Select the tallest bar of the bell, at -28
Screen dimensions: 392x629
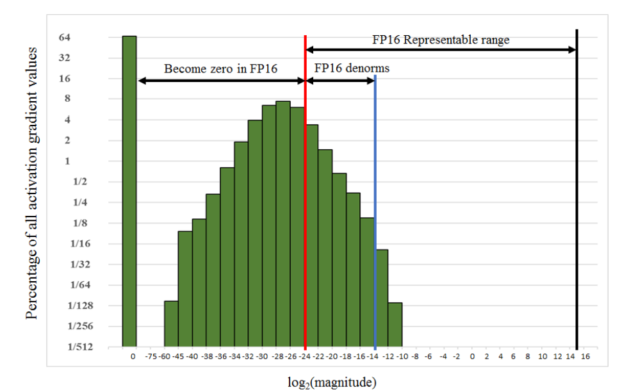(x=283, y=224)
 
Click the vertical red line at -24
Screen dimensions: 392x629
(x=305, y=192)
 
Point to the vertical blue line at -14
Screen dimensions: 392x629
(x=375, y=211)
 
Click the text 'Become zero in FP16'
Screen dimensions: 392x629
(x=221, y=69)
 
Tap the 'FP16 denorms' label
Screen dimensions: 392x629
(x=352, y=69)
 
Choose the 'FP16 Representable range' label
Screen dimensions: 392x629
(x=441, y=40)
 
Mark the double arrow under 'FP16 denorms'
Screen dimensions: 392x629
(x=340, y=80)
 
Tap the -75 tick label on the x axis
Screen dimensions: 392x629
(x=151, y=356)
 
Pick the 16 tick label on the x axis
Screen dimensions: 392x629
(x=585, y=356)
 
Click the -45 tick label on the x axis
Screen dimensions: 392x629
(x=179, y=356)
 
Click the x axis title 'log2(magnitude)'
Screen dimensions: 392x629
(x=332, y=382)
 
